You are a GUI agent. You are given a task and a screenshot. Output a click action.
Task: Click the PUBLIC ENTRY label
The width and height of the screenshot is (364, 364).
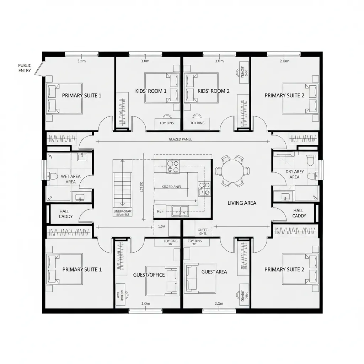[x=25, y=68]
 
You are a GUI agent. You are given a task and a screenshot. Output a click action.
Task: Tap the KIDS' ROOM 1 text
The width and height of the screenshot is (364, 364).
[x=151, y=91]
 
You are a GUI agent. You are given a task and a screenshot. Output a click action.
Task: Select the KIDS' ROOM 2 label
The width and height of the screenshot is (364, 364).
[x=213, y=91]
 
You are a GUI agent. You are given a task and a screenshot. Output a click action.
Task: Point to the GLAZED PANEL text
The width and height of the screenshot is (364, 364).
[x=180, y=139]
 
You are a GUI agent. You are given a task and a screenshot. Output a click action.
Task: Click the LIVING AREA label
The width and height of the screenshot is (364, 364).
[x=242, y=203]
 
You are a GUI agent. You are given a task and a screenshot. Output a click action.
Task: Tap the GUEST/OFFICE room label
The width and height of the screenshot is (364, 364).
[x=149, y=275]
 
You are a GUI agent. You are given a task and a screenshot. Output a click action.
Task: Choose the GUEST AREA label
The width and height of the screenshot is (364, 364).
[x=214, y=272]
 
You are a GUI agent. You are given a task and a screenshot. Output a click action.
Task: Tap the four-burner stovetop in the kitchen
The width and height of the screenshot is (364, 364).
[x=173, y=166]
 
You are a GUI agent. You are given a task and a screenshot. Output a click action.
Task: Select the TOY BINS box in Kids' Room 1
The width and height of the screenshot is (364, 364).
[x=167, y=123]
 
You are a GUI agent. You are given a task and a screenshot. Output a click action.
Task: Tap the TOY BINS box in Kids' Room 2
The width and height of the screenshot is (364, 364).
[x=197, y=123]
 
